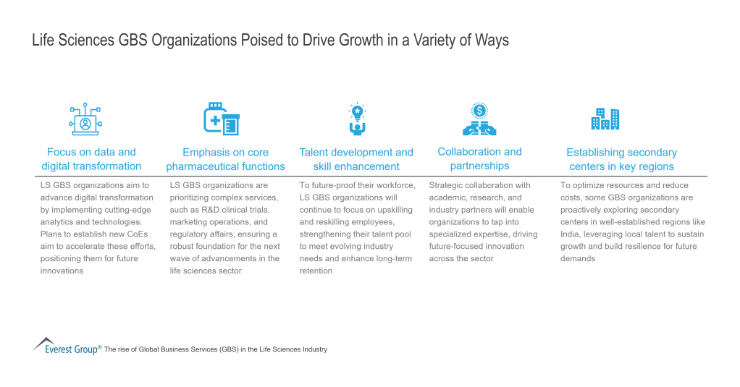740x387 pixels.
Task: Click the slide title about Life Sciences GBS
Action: click(270, 41)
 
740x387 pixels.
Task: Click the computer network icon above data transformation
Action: click(85, 119)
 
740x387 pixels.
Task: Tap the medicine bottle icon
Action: click(221, 118)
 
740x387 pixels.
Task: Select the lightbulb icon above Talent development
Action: click(356, 119)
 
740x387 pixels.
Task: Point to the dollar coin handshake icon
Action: click(479, 119)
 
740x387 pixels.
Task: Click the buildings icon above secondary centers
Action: click(605, 119)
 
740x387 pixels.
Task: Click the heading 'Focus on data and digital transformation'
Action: click(91, 159)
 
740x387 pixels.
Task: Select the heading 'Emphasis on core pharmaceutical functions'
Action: click(225, 159)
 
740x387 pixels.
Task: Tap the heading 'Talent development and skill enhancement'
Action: click(356, 159)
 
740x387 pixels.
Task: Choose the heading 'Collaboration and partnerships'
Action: click(479, 158)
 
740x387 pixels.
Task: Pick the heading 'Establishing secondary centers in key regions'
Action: click(621, 159)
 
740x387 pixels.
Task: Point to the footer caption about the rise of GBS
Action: click(216, 349)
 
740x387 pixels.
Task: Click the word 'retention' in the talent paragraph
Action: click(316, 271)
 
